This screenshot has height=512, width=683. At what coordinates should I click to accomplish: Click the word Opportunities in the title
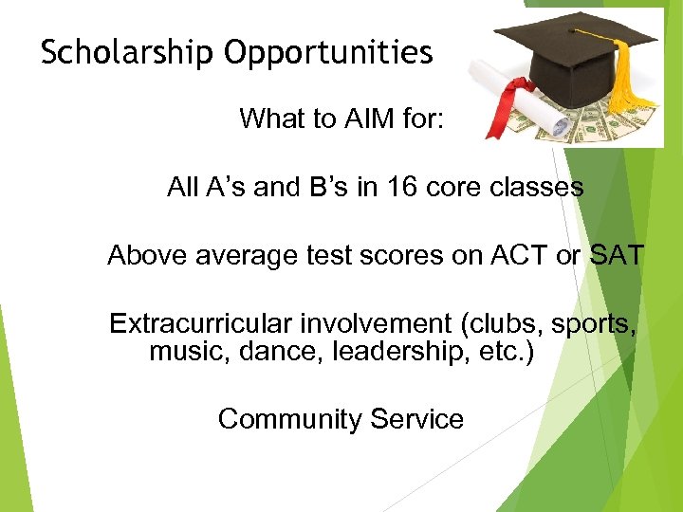point(328,53)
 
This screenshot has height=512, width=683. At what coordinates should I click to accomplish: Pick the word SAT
point(616,256)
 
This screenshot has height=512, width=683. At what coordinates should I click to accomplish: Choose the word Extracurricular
point(201,324)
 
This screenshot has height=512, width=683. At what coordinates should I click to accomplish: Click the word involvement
point(377,324)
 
